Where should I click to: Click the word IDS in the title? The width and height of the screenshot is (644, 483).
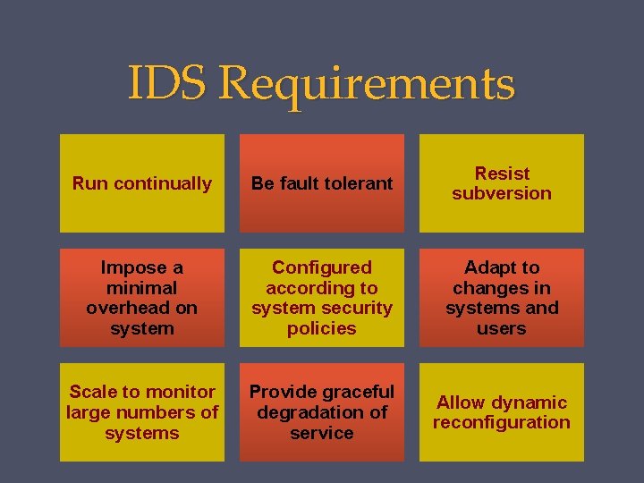(167, 83)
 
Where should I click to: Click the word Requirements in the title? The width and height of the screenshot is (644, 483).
(367, 85)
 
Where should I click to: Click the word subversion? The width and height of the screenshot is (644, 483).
(502, 193)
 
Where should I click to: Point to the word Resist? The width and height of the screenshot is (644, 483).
(502, 174)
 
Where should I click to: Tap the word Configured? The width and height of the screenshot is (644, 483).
(322, 267)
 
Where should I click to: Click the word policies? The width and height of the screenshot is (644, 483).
(322, 328)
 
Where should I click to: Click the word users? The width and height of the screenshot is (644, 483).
(502, 328)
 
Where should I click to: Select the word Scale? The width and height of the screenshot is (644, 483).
(93, 392)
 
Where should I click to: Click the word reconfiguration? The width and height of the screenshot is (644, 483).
(502, 422)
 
